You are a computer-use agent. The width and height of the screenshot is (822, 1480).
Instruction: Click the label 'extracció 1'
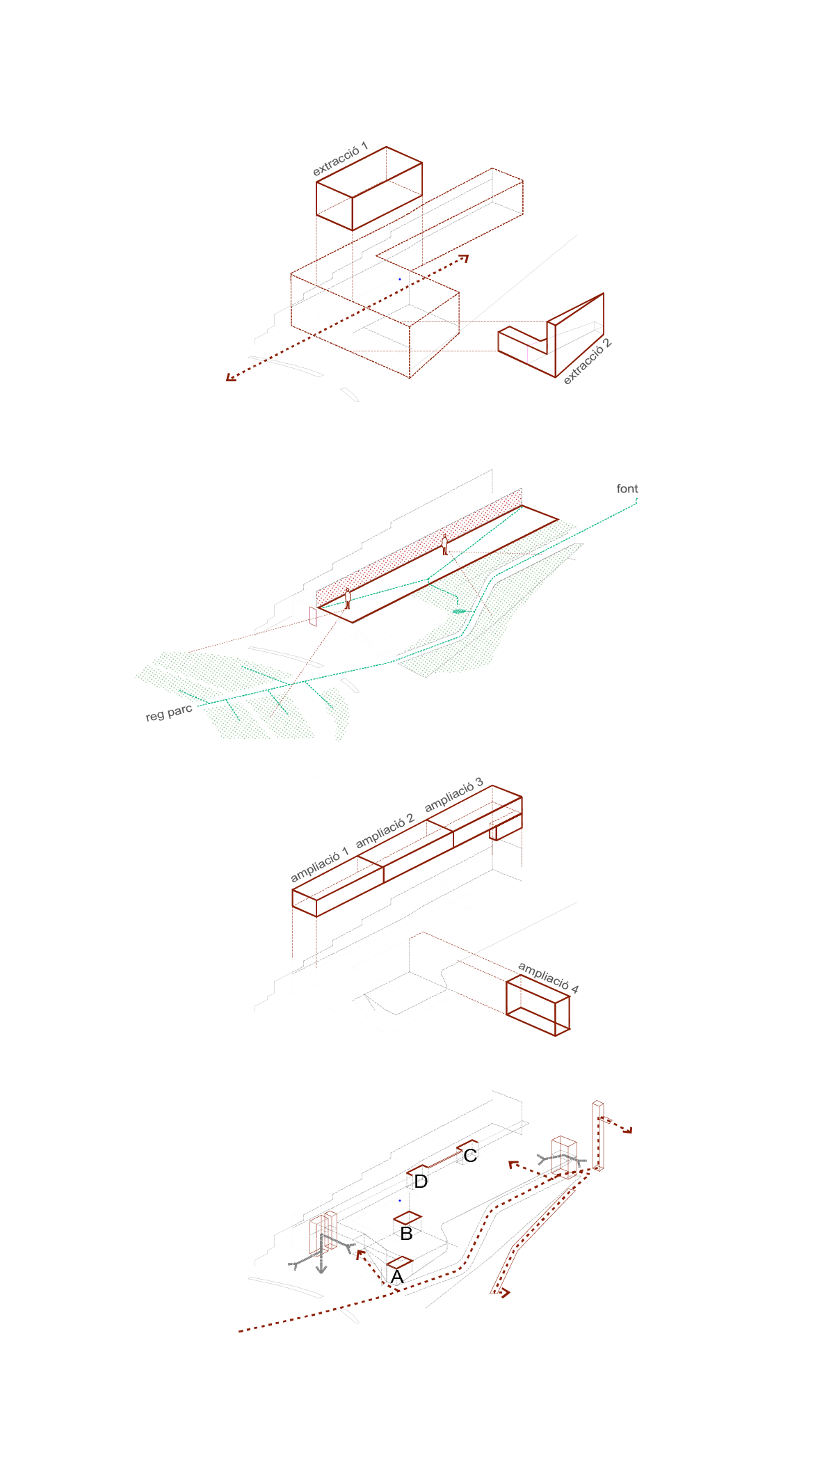click(x=340, y=160)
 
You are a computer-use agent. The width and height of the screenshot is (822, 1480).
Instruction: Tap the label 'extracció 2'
click(x=587, y=362)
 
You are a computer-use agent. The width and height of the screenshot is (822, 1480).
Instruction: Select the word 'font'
click(x=627, y=488)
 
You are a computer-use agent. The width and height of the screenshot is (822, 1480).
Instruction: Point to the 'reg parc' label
click(x=168, y=713)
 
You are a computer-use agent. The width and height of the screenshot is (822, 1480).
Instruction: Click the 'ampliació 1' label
click(x=319, y=865)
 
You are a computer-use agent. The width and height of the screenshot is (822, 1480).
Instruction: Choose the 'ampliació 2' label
click(x=385, y=831)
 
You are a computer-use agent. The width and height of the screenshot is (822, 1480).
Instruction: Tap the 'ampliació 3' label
click(x=453, y=795)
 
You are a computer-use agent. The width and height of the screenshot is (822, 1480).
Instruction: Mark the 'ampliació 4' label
click(x=549, y=978)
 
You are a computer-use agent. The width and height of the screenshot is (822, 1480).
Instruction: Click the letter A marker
click(x=397, y=1276)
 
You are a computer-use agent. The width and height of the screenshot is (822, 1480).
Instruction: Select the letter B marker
click(x=407, y=1234)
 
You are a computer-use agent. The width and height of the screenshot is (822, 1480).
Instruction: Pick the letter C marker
click(x=470, y=1155)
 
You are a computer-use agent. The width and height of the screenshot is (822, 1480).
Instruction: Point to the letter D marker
click(x=421, y=1181)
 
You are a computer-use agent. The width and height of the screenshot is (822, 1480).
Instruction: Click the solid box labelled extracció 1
click(x=369, y=189)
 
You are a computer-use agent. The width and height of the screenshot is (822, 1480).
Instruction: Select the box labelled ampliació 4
click(x=538, y=1005)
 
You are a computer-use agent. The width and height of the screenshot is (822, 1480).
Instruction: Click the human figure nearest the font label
click(x=444, y=544)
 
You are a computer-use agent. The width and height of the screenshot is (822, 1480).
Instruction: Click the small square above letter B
click(x=408, y=1218)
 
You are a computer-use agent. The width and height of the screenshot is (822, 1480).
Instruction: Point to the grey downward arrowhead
click(x=321, y=1269)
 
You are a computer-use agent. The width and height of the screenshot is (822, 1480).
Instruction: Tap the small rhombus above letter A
click(x=400, y=1262)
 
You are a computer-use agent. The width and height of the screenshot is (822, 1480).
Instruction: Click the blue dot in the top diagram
click(x=400, y=279)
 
